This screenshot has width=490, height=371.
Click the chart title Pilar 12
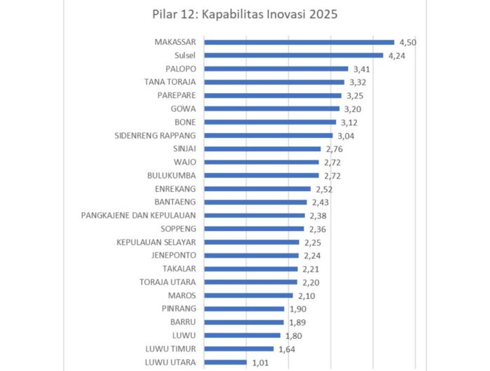245,15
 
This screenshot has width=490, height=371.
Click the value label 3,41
360,69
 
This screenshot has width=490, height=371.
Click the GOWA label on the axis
183,108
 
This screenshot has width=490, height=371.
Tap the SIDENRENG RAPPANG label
155,135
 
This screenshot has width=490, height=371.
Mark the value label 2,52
323,188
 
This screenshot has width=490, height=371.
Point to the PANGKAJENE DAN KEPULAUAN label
139,215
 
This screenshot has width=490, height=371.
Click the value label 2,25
311,242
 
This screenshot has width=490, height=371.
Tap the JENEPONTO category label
174,255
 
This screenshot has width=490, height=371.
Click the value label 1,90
297,309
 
